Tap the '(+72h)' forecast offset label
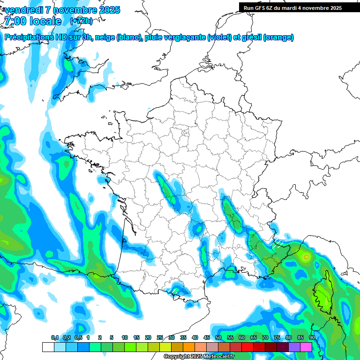(81, 21)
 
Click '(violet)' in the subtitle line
(219, 37)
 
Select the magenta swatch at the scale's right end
(306, 347)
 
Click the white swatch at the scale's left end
(48, 347)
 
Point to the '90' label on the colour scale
(312, 337)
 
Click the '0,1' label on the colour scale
(54, 337)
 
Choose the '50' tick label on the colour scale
(218, 337)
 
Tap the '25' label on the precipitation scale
(160, 337)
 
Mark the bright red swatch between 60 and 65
(247, 347)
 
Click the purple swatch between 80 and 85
(294, 347)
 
